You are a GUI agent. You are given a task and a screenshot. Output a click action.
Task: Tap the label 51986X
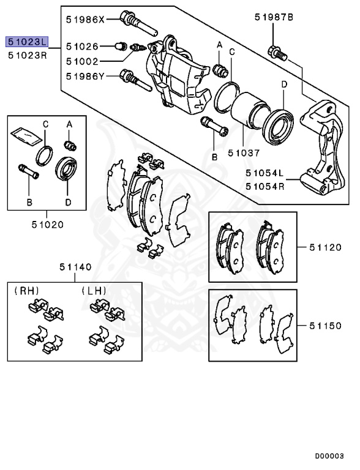86,19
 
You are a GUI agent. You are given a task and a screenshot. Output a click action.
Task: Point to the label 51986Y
86,76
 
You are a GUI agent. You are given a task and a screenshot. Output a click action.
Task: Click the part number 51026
82,46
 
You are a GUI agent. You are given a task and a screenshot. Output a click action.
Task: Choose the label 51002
82,61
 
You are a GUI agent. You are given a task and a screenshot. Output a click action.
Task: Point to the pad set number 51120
325,247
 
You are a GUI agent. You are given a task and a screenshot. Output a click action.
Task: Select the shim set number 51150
325,326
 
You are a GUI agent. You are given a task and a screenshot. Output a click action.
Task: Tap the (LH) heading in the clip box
93,291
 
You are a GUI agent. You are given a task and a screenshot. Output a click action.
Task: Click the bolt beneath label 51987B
277,51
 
